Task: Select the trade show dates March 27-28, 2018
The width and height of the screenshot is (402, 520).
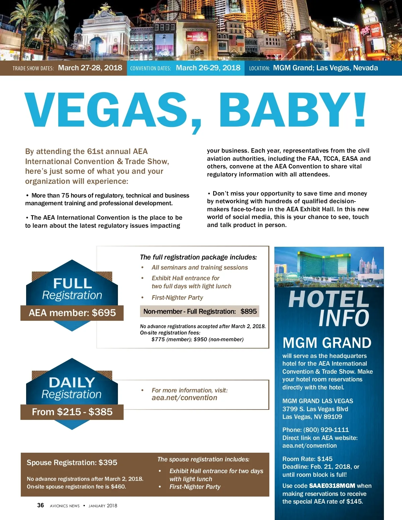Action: point(90,68)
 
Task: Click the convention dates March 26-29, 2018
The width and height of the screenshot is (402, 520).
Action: point(208,68)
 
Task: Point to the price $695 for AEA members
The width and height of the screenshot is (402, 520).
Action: point(104,313)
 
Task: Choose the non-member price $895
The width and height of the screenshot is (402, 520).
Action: point(249,311)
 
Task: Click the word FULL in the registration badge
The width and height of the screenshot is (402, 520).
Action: point(72,284)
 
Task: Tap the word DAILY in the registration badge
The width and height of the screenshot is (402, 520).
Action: point(72,382)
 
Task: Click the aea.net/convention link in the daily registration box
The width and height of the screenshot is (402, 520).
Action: point(184,398)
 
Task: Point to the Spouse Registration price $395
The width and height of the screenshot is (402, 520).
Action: point(108,463)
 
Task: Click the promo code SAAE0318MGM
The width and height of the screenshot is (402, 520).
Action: point(332,486)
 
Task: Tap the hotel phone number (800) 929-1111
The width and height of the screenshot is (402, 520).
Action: point(326,430)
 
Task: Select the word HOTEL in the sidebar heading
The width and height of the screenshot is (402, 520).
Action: point(329,299)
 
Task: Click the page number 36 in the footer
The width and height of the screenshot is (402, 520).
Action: point(41,505)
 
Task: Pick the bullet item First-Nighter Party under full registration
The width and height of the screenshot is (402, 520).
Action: point(177,298)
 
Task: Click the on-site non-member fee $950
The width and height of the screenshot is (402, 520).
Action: point(200,340)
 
